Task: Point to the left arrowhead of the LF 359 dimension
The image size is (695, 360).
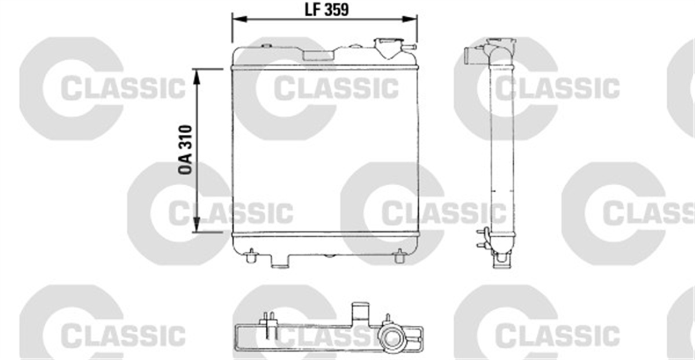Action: click(235, 19)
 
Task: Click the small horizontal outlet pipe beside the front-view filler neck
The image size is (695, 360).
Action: click(409, 47)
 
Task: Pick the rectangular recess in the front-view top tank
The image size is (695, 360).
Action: click(319, 54)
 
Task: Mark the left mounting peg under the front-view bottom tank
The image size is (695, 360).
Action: click(251, 255)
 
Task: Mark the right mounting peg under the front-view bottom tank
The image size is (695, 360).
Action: click(400, 255)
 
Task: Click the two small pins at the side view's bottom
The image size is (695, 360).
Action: click(481, 238)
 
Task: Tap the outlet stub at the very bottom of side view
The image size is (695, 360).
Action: click(501, 261)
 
